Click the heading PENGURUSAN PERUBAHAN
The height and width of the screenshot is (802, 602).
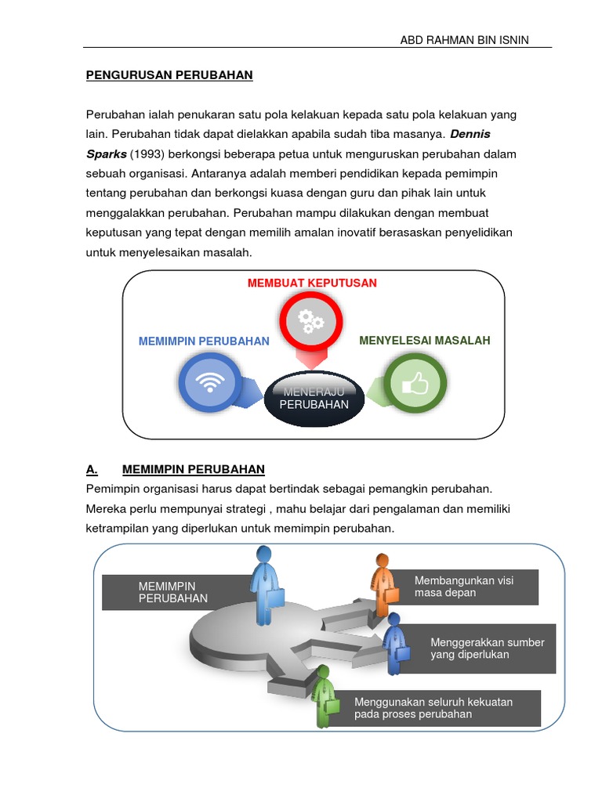[169, 76]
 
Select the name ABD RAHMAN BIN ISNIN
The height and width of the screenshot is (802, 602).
[465, 40]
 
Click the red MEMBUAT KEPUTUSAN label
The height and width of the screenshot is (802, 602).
[312, 283]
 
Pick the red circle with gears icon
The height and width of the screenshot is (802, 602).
[310, 320]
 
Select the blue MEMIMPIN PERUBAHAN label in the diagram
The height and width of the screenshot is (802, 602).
[204, 341]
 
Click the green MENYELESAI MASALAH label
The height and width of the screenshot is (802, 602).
[425, 341]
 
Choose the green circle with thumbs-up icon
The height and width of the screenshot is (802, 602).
[415, 384]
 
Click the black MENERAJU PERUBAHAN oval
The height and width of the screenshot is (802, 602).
[314, 398]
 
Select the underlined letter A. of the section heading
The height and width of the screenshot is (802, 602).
[92, 470]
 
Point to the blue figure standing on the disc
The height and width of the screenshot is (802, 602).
[263, 583]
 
